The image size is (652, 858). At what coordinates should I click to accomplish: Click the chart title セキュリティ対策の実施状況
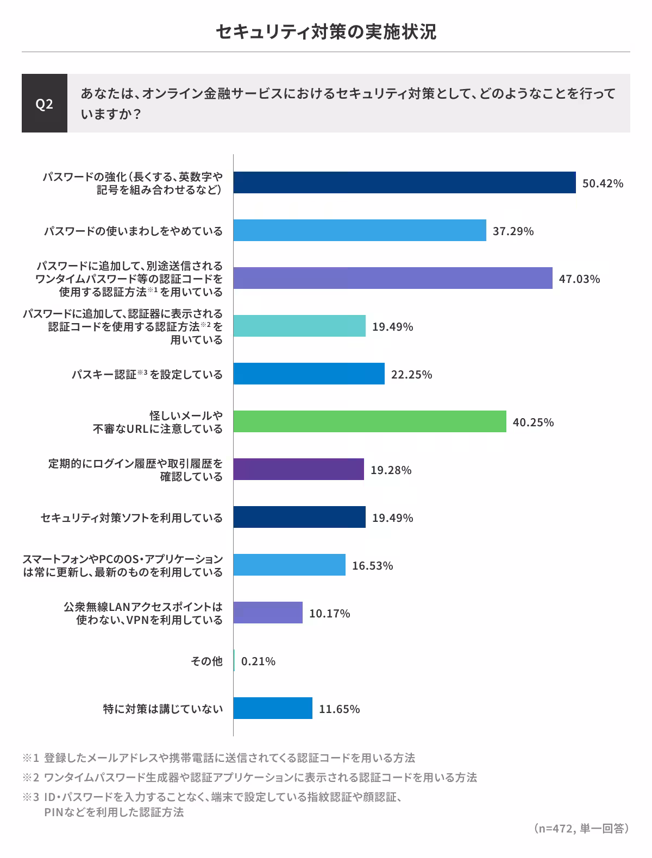coord(325,32)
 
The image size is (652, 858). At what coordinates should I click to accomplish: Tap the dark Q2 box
coord(45,103)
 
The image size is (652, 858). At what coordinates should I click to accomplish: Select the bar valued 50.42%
coord(404,182)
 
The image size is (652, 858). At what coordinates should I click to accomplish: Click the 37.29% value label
coord(513,231)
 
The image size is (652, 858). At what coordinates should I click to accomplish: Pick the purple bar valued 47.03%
coord(393,278)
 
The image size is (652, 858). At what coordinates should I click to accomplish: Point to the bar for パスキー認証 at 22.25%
coord(309,374)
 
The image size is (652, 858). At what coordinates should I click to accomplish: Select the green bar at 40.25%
coord(369,421)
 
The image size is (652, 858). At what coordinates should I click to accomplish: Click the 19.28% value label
coord(391,470)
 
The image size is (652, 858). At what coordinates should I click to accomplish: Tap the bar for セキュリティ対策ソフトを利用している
coord(299,517)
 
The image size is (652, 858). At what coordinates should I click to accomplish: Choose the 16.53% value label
coord(372,566)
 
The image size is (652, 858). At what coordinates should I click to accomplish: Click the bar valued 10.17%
coord(268,613)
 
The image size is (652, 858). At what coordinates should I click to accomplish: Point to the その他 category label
coord(206,661)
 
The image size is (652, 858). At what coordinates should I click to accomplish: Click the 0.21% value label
coord(258,661)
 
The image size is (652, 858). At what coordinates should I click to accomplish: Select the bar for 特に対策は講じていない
coord(273,708)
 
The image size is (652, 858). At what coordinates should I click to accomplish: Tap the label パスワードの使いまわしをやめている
coord(133,231)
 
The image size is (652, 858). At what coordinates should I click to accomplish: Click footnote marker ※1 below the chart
coord(31,758)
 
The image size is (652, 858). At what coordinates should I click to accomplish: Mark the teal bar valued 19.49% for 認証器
coord(299,326)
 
